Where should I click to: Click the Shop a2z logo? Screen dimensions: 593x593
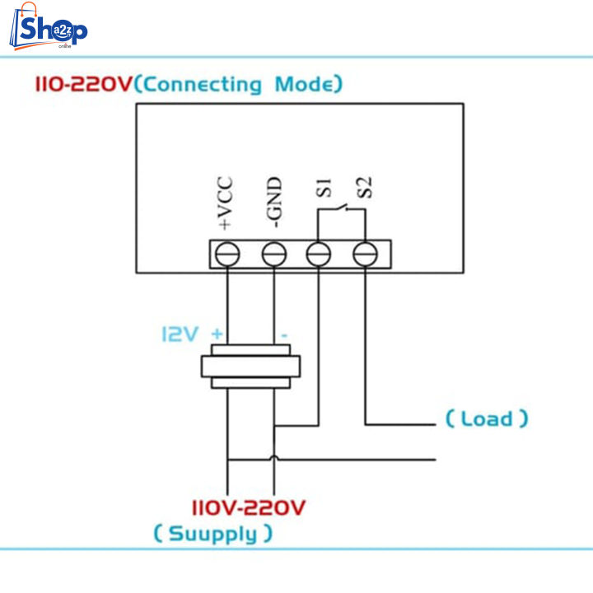49,30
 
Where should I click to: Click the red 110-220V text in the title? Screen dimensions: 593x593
83,84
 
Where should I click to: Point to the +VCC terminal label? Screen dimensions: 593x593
226,203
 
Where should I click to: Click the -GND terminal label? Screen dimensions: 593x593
273,201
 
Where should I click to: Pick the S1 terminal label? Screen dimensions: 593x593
323,189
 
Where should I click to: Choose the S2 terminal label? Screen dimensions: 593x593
368,189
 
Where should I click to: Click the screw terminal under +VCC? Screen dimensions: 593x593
226,255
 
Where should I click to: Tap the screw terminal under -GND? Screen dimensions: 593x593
273,255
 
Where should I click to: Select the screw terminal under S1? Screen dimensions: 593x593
319,255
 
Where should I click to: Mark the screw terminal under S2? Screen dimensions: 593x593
365,255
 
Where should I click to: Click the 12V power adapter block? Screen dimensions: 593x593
250,367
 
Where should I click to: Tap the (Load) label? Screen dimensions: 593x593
487,418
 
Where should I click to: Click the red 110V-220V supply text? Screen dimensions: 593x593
249,507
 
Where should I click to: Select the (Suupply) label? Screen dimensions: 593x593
213,534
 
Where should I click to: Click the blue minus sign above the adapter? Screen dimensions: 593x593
283,335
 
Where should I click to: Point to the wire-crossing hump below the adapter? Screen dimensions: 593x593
273,457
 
